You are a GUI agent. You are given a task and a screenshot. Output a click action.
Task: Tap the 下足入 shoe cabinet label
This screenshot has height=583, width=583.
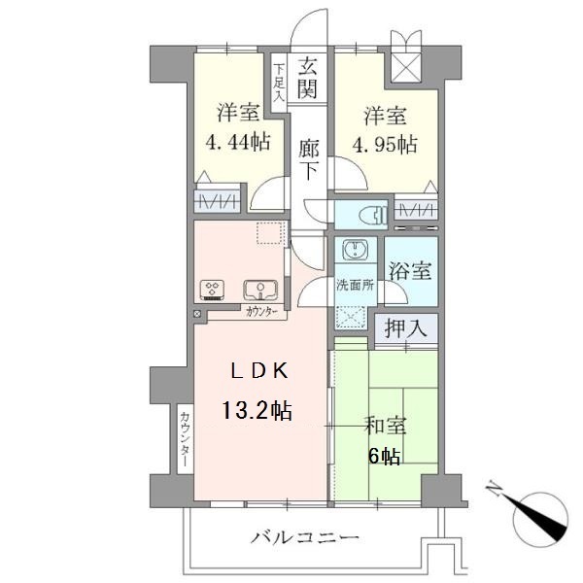[x=278, y=83]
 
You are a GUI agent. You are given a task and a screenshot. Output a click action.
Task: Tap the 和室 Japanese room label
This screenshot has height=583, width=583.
[x=386, y=427]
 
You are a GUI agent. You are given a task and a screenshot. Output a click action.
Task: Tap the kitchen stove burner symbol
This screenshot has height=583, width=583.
[x=213, y=289]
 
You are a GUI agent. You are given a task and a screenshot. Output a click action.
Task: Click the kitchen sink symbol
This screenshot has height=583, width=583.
[x=260, y=289]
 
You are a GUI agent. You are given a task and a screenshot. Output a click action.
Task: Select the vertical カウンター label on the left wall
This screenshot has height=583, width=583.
[x=185, y=440]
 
